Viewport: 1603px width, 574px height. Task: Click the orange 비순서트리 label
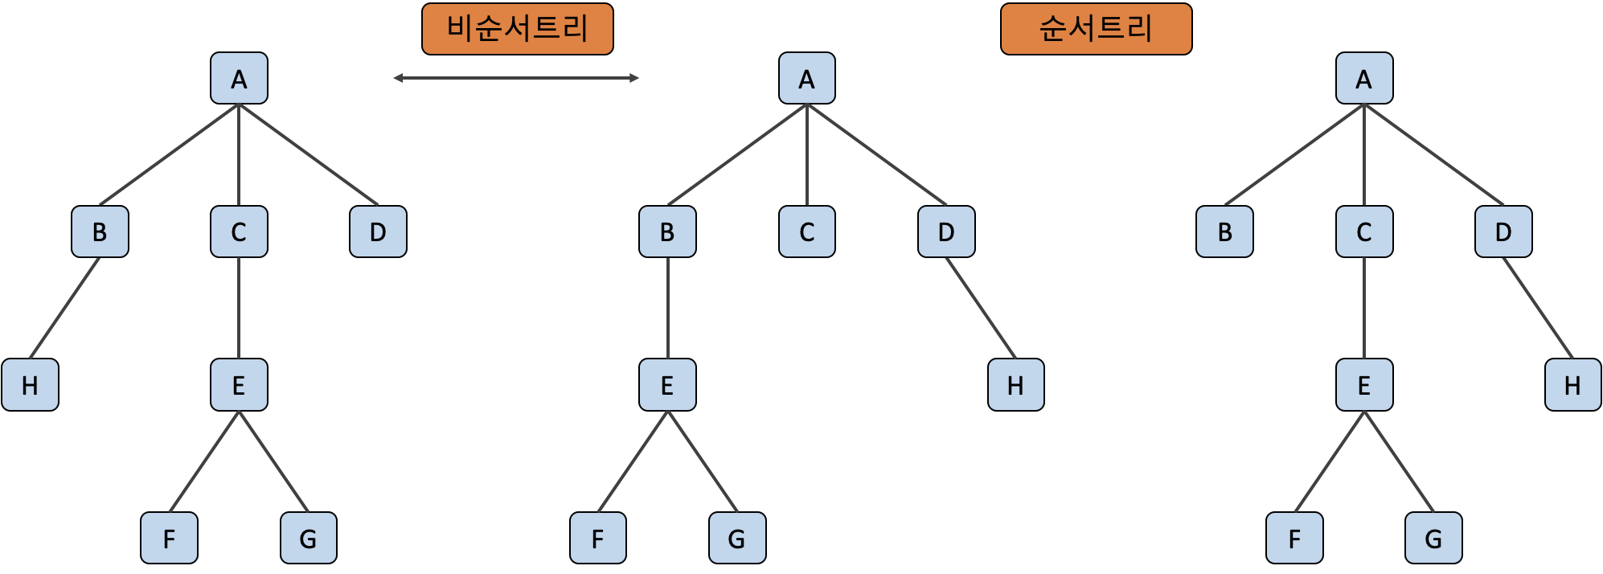coord(517,29)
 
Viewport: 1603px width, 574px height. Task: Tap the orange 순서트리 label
coord(1096,29)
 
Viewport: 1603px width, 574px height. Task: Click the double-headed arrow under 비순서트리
coord(516,78)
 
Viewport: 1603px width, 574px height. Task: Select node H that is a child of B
coord(30,385)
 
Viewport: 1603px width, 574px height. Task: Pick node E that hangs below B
coord(667,385)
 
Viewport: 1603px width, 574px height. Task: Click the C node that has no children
coord(806,232)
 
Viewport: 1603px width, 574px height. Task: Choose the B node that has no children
coord(1224,232)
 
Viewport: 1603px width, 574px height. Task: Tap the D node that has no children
coord(378,232)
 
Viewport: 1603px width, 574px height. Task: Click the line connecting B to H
coord(64,309)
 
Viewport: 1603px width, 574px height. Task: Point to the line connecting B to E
coord(667,309)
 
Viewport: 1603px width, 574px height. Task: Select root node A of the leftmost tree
coord(239,79)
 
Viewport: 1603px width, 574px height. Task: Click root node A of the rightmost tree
coord(1363,79)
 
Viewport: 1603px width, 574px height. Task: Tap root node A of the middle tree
coord(806,79)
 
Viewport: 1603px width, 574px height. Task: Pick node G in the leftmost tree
coord(308,538)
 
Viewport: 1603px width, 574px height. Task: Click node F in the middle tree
coord(597,538)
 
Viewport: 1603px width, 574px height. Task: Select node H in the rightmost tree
coord(1572,385)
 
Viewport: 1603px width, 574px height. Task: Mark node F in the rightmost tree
coord(1294,538)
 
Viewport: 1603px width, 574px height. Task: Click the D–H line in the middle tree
coord(981,309)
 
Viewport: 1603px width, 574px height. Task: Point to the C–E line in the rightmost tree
coord(1363,309)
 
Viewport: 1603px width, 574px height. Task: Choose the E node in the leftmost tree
coord(239,385)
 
